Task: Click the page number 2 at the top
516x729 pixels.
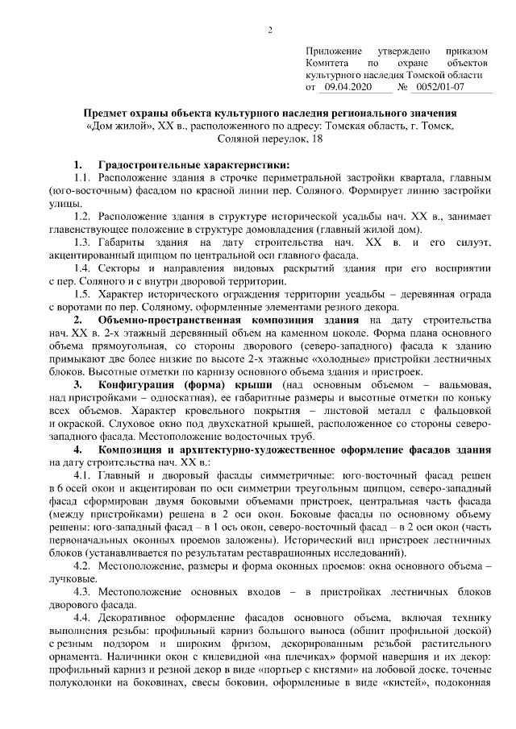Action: click(x=271, y=30)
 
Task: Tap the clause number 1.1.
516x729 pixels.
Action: click(x=81, y=177)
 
